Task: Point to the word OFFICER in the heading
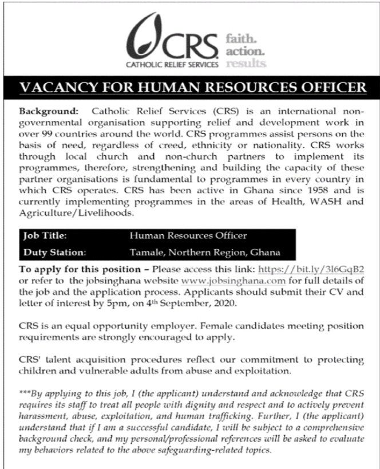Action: pos(334,87)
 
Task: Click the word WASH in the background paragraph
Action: pos(329,202)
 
